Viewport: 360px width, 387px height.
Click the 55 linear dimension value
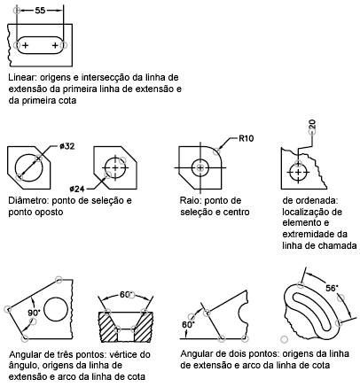(x=40, y=11)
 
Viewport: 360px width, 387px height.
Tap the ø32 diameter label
(x=67, y=146)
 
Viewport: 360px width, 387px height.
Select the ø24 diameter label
(x=77, y=189)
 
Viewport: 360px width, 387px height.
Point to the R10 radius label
(x=246, y=138)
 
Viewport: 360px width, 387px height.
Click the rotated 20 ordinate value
(x=312, y=124)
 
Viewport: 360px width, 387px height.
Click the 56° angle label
(x=332, y=288)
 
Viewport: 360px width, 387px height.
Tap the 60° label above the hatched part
(x=125, y=294)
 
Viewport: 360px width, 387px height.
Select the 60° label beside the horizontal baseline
(x=188, y=325)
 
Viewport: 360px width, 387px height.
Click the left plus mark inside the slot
(x=26, y=45)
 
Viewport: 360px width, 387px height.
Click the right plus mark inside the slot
(x=55, y=45)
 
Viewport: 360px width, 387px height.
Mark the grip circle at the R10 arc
(x=217, y=151)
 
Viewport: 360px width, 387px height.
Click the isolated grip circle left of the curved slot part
(x=284, y=339)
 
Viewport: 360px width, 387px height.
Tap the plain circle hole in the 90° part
(x=56, y=310)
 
